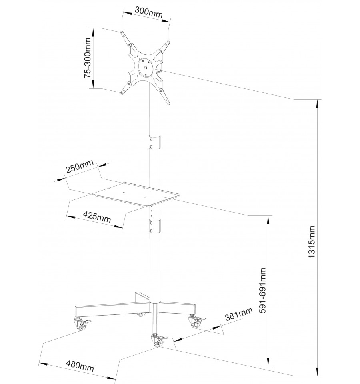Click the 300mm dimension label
click(148, 10)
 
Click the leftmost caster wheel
click(80, 325)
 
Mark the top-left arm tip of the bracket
click(122, 32)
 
